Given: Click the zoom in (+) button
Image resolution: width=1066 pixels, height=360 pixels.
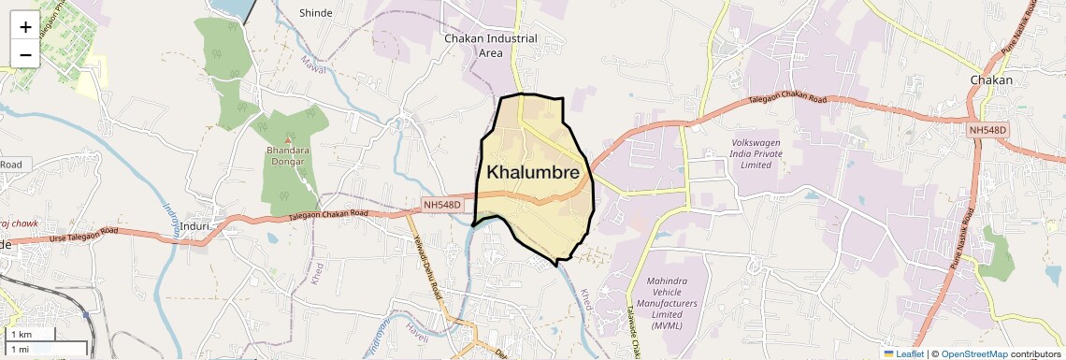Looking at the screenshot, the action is (x=25, y=26).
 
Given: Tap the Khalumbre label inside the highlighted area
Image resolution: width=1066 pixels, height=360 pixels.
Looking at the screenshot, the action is (x=533, y=173).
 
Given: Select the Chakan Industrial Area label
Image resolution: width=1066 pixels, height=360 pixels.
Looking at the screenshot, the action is (x=490, y=46).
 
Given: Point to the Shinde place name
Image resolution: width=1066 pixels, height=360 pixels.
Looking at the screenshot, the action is (x=316, y=13).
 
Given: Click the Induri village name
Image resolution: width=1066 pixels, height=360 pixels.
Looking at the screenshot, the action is (x=198, y=225).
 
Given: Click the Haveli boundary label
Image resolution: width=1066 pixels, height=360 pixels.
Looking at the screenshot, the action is (x=416, y=327).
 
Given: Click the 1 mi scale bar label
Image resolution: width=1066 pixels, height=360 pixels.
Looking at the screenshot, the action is (x=19, y=349).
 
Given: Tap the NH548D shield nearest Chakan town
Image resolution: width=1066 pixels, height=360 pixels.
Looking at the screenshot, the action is (x=987, y=130).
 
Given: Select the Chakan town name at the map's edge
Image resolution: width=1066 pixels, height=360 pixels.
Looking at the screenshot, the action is (x=992, y=80).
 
